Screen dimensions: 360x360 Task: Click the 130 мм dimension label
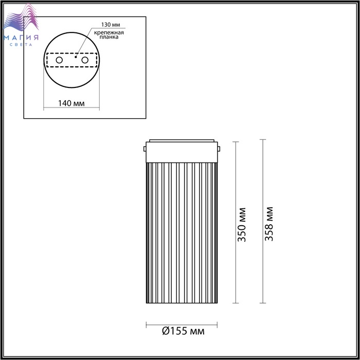[111, 25]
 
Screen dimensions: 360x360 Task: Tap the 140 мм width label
[71, 103]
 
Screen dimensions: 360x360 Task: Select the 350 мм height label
[242, 225]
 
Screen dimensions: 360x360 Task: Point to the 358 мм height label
[269, 224]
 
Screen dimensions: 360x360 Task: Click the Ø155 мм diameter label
[183, 331]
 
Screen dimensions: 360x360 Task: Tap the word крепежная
[109, 32]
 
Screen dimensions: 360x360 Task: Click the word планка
[109, 37]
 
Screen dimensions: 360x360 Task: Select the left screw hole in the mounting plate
[59, 60]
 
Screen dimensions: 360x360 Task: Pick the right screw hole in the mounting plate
[85, 60]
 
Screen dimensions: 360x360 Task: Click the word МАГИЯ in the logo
[21, 38]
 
